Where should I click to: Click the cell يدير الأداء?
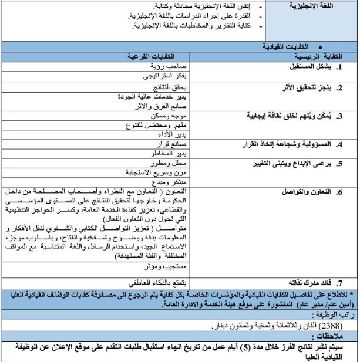(174, 135)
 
